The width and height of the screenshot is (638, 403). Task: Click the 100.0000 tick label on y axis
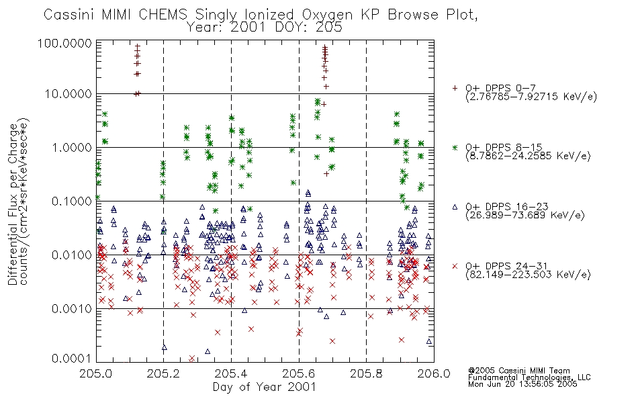point(64,43)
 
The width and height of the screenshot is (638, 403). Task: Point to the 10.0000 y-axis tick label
point(69,94)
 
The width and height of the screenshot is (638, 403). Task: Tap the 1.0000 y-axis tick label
point(72,148)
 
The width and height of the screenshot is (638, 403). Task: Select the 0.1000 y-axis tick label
point(72,201)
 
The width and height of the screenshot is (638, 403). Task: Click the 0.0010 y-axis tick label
point(72,309)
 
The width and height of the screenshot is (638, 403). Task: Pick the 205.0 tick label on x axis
point(95,373)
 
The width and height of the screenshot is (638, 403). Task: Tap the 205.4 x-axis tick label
point(231,373)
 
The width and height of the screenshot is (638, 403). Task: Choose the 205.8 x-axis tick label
point(366,373)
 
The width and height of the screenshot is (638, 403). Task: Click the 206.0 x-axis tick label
point(434,373)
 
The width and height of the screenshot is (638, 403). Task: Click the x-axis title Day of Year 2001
point(265,387)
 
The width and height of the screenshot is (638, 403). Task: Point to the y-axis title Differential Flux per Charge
point(13,204)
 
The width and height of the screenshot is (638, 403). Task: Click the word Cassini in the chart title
point(69,15)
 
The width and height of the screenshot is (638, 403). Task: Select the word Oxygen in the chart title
point(328,15)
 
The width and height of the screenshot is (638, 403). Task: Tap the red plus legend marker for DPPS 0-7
point(455,88)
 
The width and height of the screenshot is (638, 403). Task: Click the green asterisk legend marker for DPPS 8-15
point(455,147)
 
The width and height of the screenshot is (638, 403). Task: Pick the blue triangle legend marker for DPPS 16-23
point(455,207)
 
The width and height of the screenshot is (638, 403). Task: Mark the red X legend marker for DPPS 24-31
point(455,266)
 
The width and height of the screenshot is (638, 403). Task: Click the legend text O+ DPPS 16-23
point(507,206)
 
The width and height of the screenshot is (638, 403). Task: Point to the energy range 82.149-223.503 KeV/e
point(528,275)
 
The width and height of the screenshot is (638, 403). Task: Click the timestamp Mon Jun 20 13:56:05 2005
point(522,384)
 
